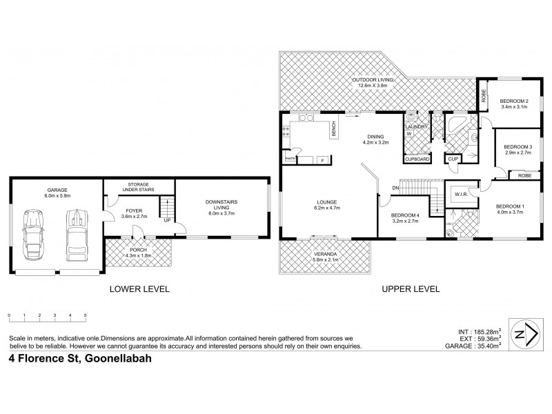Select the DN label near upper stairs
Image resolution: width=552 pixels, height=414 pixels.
click(x=395, y=188)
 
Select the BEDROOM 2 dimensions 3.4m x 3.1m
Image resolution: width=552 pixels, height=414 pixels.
click(x=513, y=106)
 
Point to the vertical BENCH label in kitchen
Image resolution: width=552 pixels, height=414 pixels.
click(x=333, y=129)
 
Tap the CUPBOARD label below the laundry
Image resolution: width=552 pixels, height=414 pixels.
click(x=417, y=159)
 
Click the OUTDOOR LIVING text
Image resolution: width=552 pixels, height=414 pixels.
click(x=373, y=80)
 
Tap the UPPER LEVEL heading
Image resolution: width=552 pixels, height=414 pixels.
click(x=411, y=289)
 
